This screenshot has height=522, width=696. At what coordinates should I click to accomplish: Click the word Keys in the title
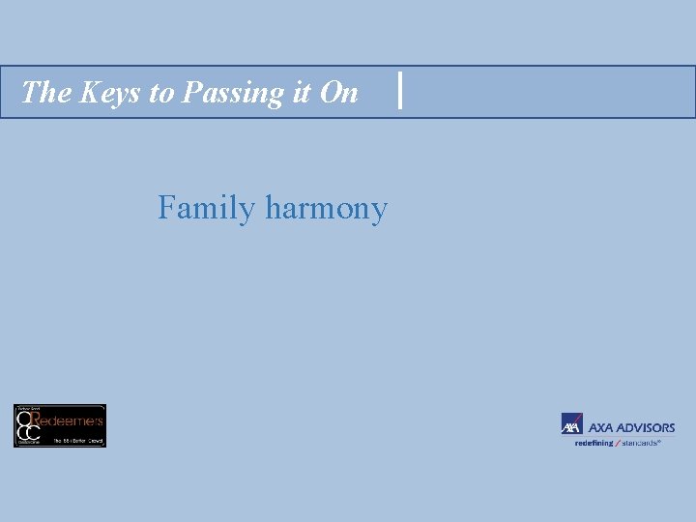click(x=102, y=92)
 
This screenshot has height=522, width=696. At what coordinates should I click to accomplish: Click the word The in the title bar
click(x=43, y=92)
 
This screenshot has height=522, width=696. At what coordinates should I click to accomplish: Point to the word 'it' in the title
click(x=295, y=92)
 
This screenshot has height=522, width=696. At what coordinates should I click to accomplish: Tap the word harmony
click(x=326, y=210)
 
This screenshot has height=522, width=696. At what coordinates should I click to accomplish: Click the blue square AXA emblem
click(x=571, y=424)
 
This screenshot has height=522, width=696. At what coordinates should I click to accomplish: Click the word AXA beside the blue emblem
click(x=600, y=427)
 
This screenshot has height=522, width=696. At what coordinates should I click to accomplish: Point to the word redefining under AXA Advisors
click(x=594, y=442)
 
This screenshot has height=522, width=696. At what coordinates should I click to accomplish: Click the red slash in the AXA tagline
click(x=618, y=442)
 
